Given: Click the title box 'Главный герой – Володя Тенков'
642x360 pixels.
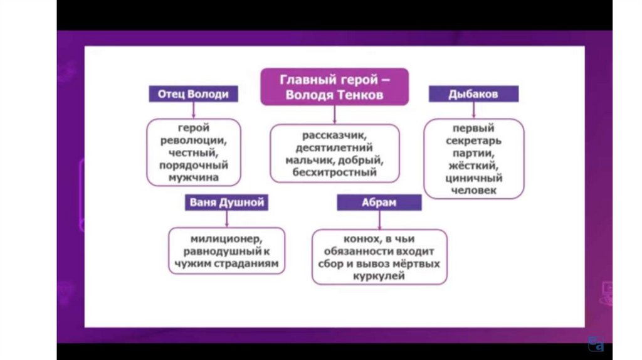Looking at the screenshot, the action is point(334,87).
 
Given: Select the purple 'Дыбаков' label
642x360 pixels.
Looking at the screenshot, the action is point(473,95).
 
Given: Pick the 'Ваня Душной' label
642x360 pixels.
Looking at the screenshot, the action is point(227,203).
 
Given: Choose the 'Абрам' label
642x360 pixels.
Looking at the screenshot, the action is point(378,203).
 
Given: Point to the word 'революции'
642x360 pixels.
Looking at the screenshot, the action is point(194,140).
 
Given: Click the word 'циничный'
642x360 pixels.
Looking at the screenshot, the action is point(475,178).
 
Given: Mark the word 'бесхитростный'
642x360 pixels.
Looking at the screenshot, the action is point(334,172).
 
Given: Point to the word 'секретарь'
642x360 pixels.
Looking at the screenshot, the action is point(474,140).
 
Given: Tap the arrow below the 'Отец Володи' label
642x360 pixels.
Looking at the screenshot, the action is point(194,110).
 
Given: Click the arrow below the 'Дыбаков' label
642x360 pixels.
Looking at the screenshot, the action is point(473,110).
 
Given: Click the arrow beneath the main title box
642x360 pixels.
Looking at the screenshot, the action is point(335,114).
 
